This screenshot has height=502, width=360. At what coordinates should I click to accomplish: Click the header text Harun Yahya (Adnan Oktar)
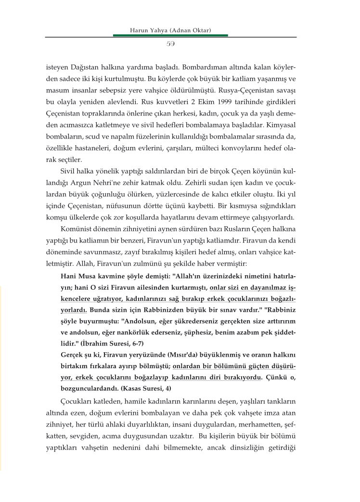point(171,30)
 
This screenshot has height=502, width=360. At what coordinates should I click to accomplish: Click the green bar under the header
point(171,35)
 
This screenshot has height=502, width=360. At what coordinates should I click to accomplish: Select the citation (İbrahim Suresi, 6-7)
point(115,342)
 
